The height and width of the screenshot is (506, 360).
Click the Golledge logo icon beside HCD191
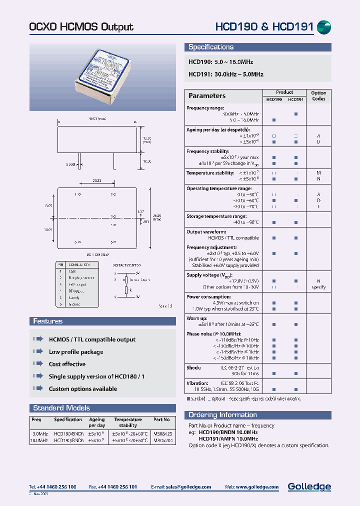pos(324,27)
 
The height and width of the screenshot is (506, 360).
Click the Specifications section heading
pos(211,47)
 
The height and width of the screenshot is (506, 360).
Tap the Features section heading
pos(48,321)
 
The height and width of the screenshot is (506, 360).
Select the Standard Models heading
pos(61,408)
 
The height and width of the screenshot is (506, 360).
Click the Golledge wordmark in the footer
pos(309,486)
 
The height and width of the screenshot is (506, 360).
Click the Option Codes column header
pos(318,95)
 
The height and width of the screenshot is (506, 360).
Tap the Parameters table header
pos(207,95)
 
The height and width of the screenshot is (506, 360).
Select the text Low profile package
pos(76,352)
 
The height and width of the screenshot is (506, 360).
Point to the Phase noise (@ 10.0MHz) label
pos(213,333)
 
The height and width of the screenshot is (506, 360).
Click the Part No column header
pos(161,419)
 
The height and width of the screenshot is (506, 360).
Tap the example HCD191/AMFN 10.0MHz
pos(228,438)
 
